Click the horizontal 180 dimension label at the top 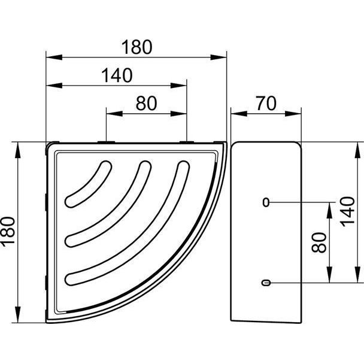[x=137, y=47]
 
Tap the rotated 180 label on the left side [x=8, y=230]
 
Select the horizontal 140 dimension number [x=117, y=75]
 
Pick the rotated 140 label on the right [x=347, y=211]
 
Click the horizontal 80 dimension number [x=147, y=104]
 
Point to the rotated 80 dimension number [x=319, y=242]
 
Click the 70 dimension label [x=266, y=104]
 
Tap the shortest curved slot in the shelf [x=88, y=184]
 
